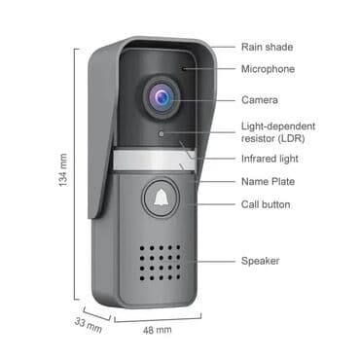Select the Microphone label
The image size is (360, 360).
[x=268, y=69]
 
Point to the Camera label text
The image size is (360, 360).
[x=259, y=99]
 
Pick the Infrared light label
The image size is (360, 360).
[x=270, y=158]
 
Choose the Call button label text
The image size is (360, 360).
[x=267, y=204]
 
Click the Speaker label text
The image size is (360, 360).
[x=261, y=260]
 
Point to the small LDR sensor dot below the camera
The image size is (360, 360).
[x=162, y=128]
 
